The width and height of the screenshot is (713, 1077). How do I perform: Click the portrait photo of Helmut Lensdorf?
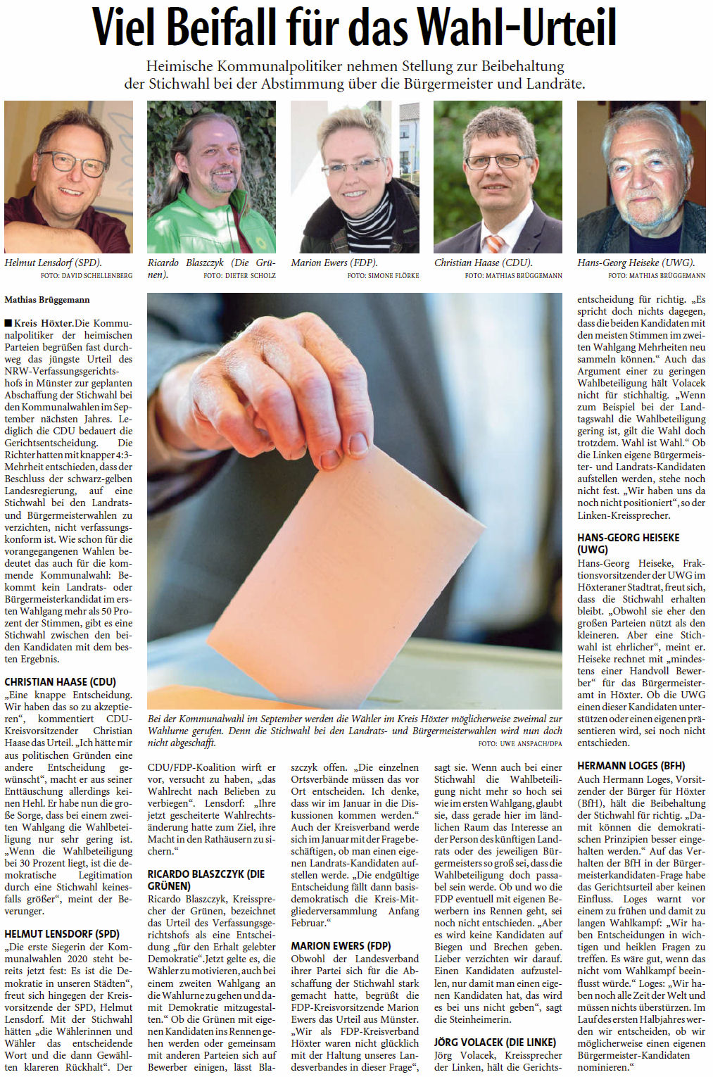(68, 177)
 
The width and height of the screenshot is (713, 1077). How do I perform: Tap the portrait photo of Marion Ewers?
(355, 177)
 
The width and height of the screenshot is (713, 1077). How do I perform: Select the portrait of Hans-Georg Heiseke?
(641, 177)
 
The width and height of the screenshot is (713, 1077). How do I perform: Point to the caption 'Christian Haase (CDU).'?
(484, 263)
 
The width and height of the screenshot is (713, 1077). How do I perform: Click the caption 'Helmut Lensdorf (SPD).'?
(53, 263)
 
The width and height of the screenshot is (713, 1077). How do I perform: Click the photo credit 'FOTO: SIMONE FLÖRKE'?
(383, 276)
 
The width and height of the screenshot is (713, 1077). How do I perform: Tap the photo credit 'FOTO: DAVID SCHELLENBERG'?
(87, 276)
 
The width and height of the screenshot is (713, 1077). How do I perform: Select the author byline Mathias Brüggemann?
(47, 300)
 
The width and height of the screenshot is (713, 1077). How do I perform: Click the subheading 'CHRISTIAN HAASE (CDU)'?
(61, 682)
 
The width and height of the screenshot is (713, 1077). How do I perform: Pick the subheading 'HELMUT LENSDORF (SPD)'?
(62, 934)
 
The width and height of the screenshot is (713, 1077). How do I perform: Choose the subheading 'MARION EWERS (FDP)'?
(341, 946)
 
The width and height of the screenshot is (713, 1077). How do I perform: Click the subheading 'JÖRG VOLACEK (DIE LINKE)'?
(495, 1042)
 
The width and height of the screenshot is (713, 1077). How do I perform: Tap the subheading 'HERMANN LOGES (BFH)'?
(631, 766)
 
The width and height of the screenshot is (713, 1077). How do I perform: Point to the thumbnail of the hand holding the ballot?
(282, 394)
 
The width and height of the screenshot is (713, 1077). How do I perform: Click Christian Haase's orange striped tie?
(495, 244)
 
